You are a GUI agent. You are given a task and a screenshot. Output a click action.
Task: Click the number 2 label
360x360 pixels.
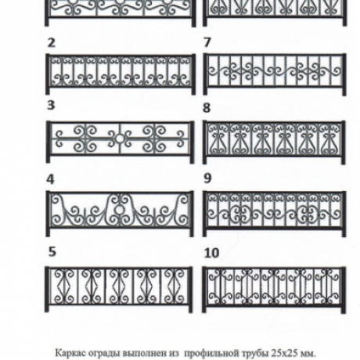coord(52,43)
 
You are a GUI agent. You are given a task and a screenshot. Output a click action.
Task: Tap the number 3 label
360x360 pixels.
coord(51,105)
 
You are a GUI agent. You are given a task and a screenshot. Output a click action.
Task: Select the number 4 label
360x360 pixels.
coord(51,179)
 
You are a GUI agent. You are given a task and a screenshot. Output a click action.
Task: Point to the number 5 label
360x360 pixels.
coord(52,252)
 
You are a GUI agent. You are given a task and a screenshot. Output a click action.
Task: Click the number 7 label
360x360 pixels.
coord(207,42)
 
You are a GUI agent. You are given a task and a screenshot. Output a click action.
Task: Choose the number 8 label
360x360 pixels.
coord(207,108)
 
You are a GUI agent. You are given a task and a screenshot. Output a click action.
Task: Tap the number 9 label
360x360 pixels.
coord(207,178)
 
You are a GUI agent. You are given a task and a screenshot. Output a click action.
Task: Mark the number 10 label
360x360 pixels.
coord(211,253)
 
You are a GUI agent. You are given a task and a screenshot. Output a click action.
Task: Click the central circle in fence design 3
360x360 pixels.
coord(120,138)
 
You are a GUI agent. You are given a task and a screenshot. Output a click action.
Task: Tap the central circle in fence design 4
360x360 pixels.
coord(119,210)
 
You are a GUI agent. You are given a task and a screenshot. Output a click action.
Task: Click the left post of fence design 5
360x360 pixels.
coord(47,289)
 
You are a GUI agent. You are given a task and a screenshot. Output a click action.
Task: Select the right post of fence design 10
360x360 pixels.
coord(344,290)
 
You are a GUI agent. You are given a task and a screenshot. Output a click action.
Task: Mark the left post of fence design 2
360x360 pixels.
coord(48,74)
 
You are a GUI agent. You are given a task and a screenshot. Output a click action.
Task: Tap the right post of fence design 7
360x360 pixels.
coord(344,74)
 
